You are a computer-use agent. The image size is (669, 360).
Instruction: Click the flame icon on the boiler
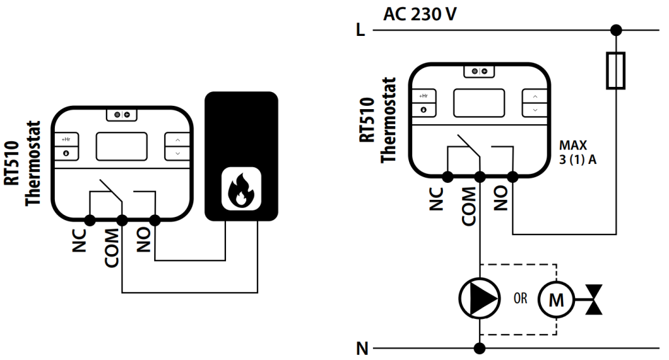tap(241, 189)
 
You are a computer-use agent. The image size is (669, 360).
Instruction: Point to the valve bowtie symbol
tap(593, 300)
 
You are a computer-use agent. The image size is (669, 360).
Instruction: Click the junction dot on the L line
tap(615, 30)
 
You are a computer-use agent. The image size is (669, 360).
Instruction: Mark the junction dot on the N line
tap(480, 348)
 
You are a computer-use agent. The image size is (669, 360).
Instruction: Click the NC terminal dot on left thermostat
tap(89, 220)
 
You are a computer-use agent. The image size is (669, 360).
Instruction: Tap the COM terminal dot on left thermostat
tap(122, 220)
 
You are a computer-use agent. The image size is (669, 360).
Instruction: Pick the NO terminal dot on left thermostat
tap(155, 220)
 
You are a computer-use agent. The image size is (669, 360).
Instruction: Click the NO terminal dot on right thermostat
tap(513, 176)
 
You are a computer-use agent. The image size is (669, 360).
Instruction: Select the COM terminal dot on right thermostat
tap(480, 176)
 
